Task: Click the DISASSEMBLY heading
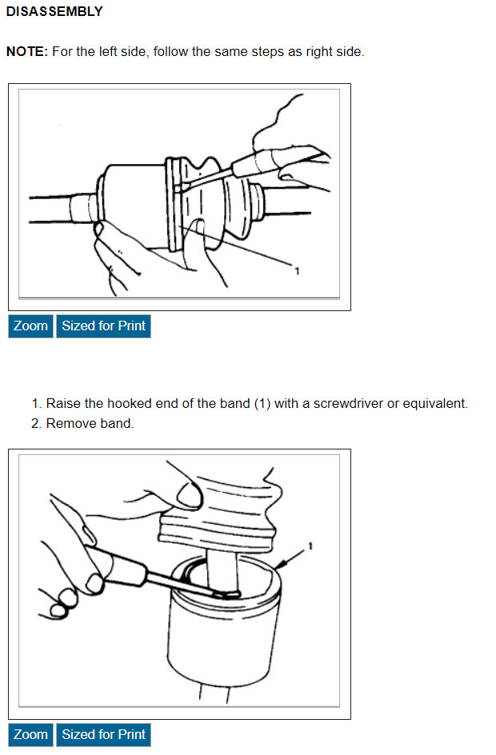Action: point(54,11)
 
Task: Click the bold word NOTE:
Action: point(27,51)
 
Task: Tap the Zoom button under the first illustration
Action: point(31,326)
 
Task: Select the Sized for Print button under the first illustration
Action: point(103,326)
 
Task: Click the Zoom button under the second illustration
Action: point(31,734)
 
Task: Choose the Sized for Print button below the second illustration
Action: point(103,734)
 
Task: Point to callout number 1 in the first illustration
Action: point(297,272)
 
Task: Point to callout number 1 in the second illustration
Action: point(310,546)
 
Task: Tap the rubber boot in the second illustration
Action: point(226,510)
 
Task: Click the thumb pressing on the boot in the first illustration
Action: point(202,241)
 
